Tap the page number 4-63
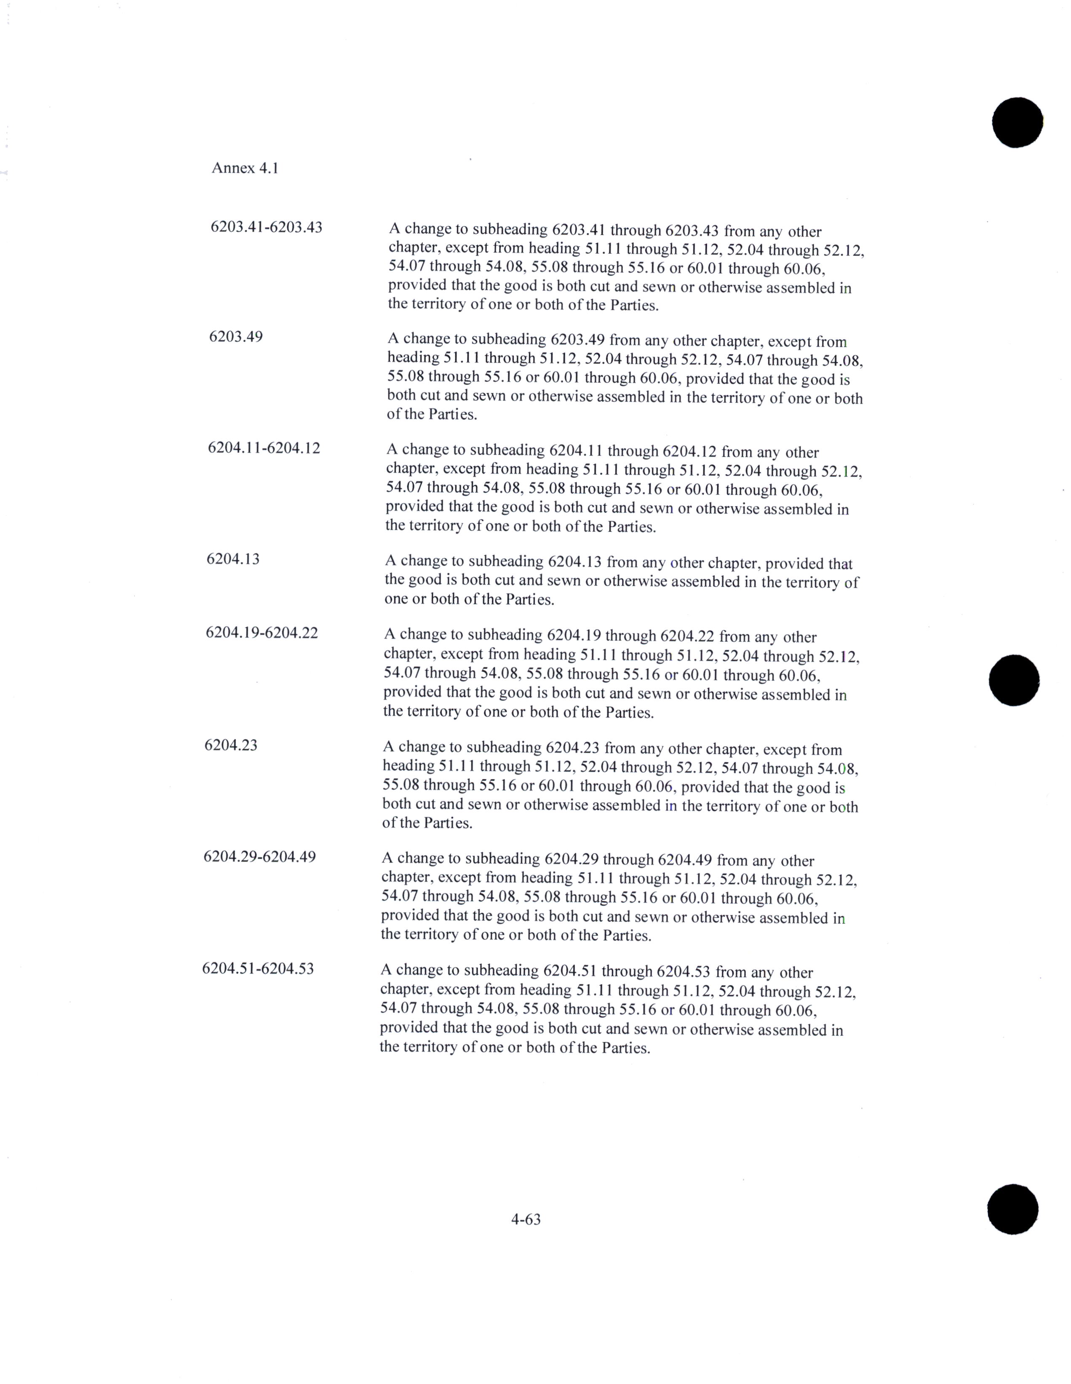click(x=526, y=1219)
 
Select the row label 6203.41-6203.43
click(x=266, y=227)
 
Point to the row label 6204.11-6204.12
click(x=264, y=448)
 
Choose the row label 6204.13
click(x=232, y=559)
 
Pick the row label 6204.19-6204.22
click(x=262, y=633)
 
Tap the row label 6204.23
click(x=230, y=745)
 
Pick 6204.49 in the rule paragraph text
click(x=685, y=860)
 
